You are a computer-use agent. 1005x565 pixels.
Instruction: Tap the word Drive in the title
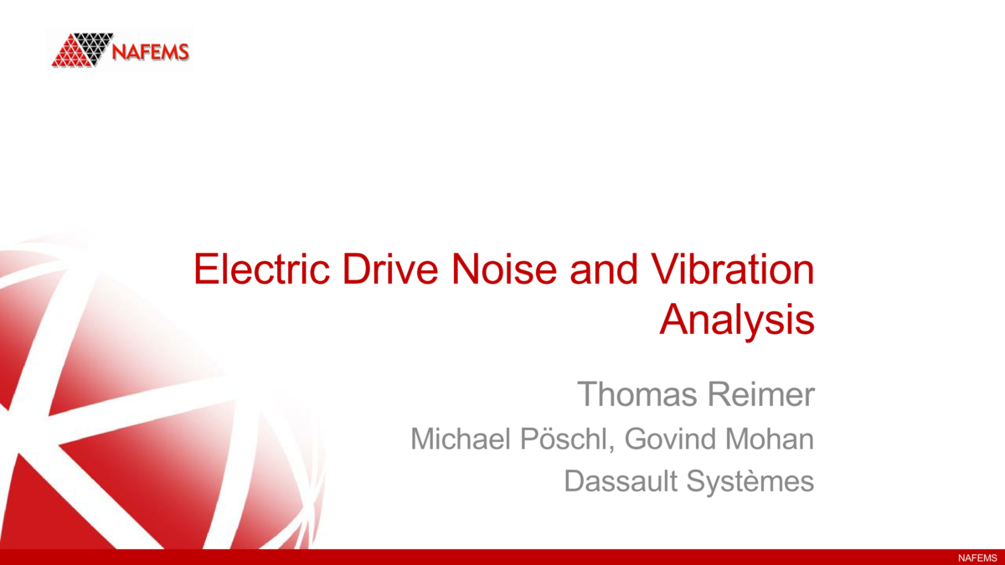pyautogui.click(x=373, y=270)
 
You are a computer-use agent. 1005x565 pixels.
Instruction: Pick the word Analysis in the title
pyautogui.click(x=737, y=320)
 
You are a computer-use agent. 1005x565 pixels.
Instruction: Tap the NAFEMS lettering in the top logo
pyautogui.click(x=152, y=52)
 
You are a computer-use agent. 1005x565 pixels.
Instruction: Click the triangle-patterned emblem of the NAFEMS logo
pyautogui.click(x=82, y=50)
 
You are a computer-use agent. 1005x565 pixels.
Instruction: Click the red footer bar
pyautogui.click(x=502, y=557)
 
